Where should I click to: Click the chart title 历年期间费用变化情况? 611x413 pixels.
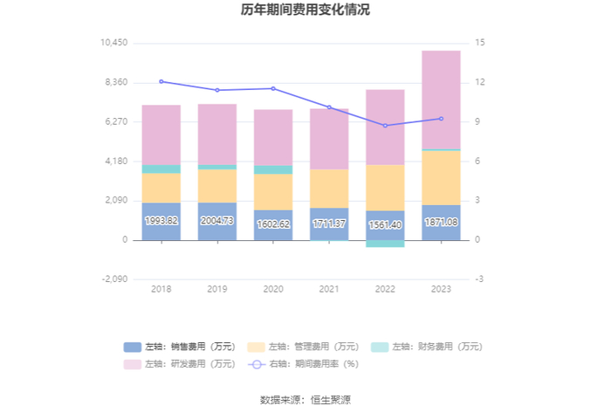point(305,10)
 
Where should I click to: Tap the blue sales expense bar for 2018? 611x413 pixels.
point(161,221)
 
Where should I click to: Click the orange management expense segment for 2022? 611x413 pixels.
point(385,188)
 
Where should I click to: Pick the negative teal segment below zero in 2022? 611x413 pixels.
point(385,244)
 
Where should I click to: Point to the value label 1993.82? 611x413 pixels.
point(161,221)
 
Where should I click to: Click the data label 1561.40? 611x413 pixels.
point(385,224)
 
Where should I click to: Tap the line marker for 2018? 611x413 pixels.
point(161,81)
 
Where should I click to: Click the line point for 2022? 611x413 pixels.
point(385,126)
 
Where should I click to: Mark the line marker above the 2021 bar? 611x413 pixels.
point(329,107)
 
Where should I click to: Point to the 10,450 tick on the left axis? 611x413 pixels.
point(114,43)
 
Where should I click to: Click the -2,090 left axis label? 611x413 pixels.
point(114,279)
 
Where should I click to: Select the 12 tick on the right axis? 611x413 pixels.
point(480,82)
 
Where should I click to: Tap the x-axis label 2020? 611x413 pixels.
point(273,289)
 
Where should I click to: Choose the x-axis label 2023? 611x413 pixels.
point(441,289)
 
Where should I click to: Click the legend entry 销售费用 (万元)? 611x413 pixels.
point(180,347)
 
